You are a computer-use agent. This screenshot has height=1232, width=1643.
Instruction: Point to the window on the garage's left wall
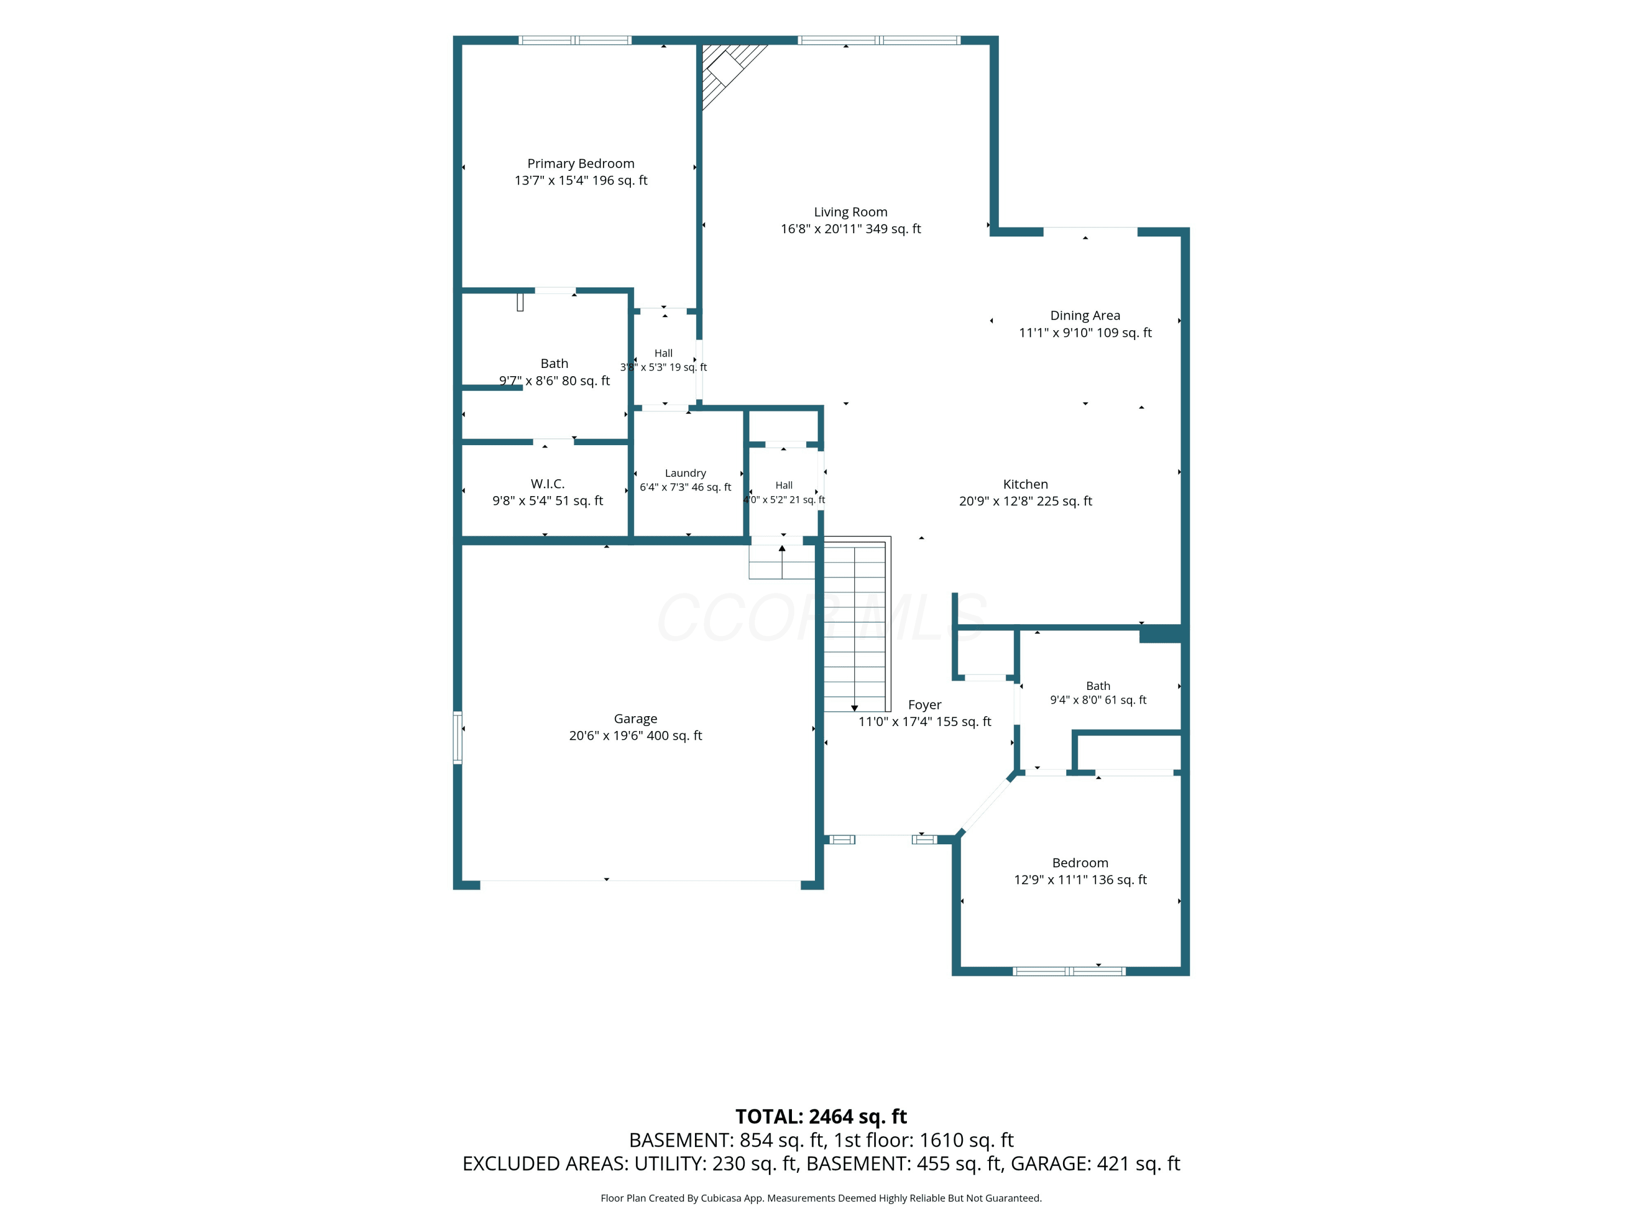(x=457, y=738)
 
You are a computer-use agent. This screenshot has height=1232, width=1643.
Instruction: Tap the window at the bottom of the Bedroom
(x=1070, y=971)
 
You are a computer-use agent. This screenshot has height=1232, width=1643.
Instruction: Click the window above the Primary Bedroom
(x=575, y=40)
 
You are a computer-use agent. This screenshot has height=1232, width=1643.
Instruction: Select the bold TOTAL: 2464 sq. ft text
(x=821, y=1117)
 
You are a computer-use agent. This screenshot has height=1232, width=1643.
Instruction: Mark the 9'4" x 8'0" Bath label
(x=1098, y=693)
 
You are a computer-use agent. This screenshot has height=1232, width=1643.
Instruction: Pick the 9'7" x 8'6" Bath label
(x=554, y=372)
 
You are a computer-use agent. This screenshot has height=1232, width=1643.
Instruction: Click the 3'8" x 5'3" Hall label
(x=663, y=360)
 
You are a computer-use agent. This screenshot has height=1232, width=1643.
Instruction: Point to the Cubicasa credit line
(x=821, y=1198)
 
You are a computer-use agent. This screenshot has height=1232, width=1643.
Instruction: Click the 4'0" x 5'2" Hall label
(x=784, y=492)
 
